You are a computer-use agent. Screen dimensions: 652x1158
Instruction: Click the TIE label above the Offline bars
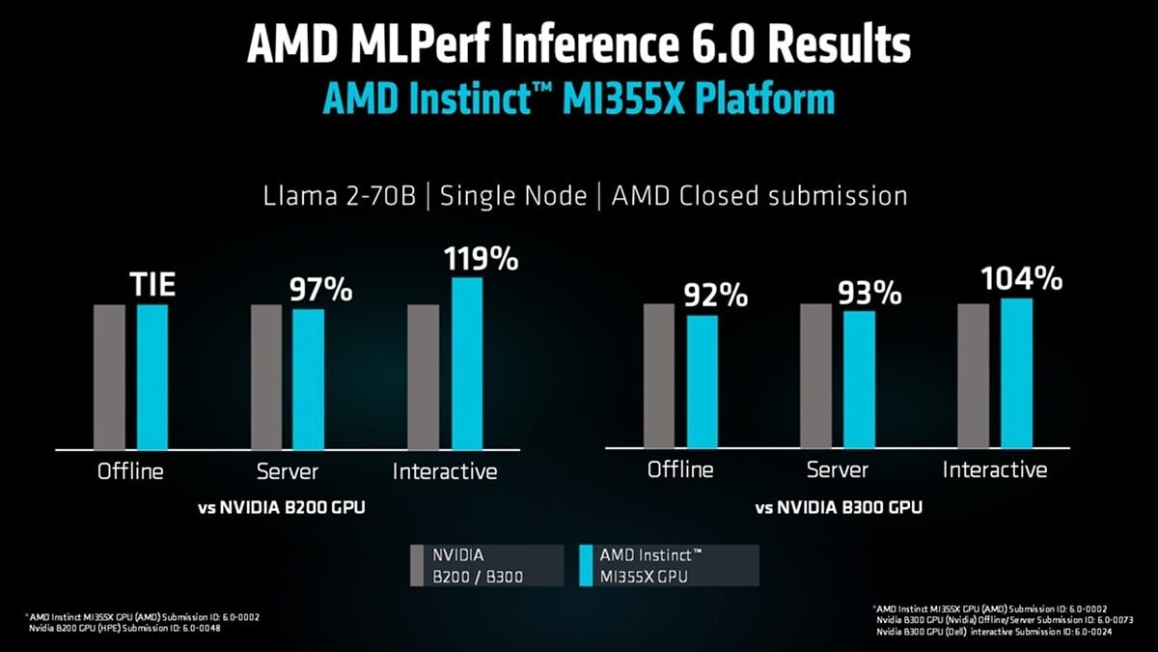point(152,286)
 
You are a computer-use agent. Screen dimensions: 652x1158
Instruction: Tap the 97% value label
point(321,290)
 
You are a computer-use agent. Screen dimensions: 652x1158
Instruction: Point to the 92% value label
point(717,296)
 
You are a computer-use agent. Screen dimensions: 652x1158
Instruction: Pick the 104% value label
point(1021,279)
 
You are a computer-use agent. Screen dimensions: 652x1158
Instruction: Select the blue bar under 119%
point(467,363)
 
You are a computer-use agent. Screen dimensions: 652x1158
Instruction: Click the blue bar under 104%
point(1016,372)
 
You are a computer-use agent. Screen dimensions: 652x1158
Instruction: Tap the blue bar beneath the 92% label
point(703,381)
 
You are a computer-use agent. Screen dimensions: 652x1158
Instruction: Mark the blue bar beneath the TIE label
point(152,377)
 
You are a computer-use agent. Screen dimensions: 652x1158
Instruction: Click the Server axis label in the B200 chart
point(288,472)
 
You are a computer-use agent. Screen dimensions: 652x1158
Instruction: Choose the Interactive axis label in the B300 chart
point(994,470)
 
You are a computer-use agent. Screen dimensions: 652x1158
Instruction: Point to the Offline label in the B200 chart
point(130,472)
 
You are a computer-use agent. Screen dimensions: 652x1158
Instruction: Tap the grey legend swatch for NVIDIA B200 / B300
point(417,565)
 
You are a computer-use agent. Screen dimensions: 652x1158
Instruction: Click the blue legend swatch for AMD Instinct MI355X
point(584,565)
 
